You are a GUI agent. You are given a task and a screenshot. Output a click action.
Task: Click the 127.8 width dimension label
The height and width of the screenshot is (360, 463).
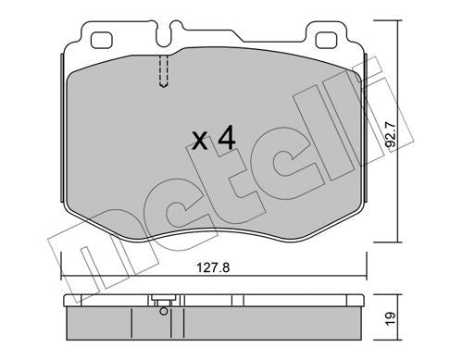click(x=213, y=267)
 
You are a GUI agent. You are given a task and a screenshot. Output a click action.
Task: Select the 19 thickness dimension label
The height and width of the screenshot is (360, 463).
click(x=391, y=318)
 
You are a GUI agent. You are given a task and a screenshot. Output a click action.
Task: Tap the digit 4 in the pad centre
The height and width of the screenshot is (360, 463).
click(x=227, y=139)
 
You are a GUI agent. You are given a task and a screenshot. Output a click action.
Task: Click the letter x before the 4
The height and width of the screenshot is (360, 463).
click(x=200, y=141)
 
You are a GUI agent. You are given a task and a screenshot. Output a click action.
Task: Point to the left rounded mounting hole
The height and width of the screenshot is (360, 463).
click(x=101, y=40)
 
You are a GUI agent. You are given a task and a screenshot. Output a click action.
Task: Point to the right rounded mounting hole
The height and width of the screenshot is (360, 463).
click(x=326, y=40)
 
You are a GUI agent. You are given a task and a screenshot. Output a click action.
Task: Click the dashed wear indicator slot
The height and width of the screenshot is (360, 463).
click(x=164, y=71)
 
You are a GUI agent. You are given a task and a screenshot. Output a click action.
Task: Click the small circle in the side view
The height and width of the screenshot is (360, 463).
click(x=164, y=311)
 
